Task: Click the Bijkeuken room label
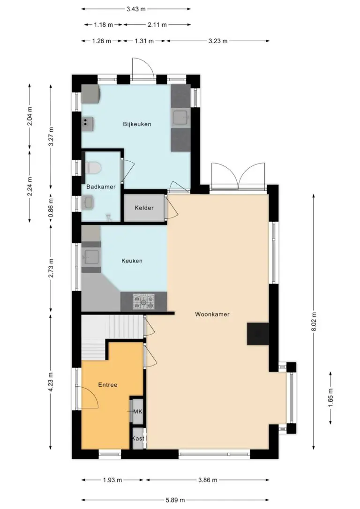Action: tap(137, 124)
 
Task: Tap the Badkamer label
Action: tap(101, 187)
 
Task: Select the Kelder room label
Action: tap(144, 208)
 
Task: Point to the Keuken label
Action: tap(132, 261)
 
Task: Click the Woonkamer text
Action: tap(212, 314)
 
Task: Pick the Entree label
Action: tap(108, 385)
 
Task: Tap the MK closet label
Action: tap(138, 412)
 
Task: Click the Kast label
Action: tap(138, 439)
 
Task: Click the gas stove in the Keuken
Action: tap(144, 301)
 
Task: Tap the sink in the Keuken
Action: tap(91, 257)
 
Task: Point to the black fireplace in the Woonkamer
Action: tap(258, 334)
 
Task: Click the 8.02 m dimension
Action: tap(314, 322)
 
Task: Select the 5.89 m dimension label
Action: tap(175, 500)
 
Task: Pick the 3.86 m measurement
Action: tap(208, 480)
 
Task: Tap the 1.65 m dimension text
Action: tap(331, 397)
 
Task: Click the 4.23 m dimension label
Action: tap(51, 382)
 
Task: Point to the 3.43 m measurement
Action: tap(136, 9)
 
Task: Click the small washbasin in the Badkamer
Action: tap(88, 202)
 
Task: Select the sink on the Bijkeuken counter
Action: tap(180, 117)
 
